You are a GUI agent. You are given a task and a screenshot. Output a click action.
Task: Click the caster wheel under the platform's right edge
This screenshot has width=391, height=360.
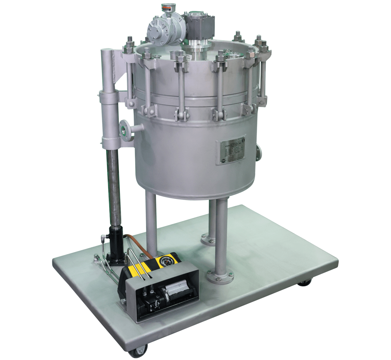[x=304, y=283]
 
